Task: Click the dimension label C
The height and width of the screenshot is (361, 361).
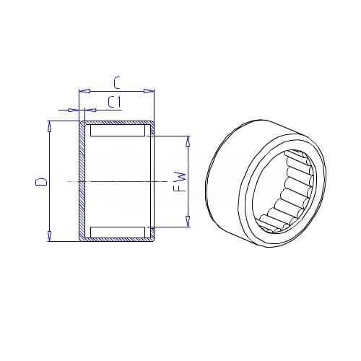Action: point(116,83)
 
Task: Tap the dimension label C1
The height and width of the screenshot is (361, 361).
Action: point(114,102)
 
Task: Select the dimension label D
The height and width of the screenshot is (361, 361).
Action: point(41,182)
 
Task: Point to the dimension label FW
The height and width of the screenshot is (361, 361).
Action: point(180,181)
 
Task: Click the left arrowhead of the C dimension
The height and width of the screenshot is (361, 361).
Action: point(84,91)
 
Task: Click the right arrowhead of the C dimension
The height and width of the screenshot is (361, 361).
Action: point(149,91)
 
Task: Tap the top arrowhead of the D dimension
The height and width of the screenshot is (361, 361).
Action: point(50,126)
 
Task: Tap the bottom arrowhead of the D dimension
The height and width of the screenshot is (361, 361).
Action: point(50,236)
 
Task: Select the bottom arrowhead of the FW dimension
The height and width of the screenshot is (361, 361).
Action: point(188,222)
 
